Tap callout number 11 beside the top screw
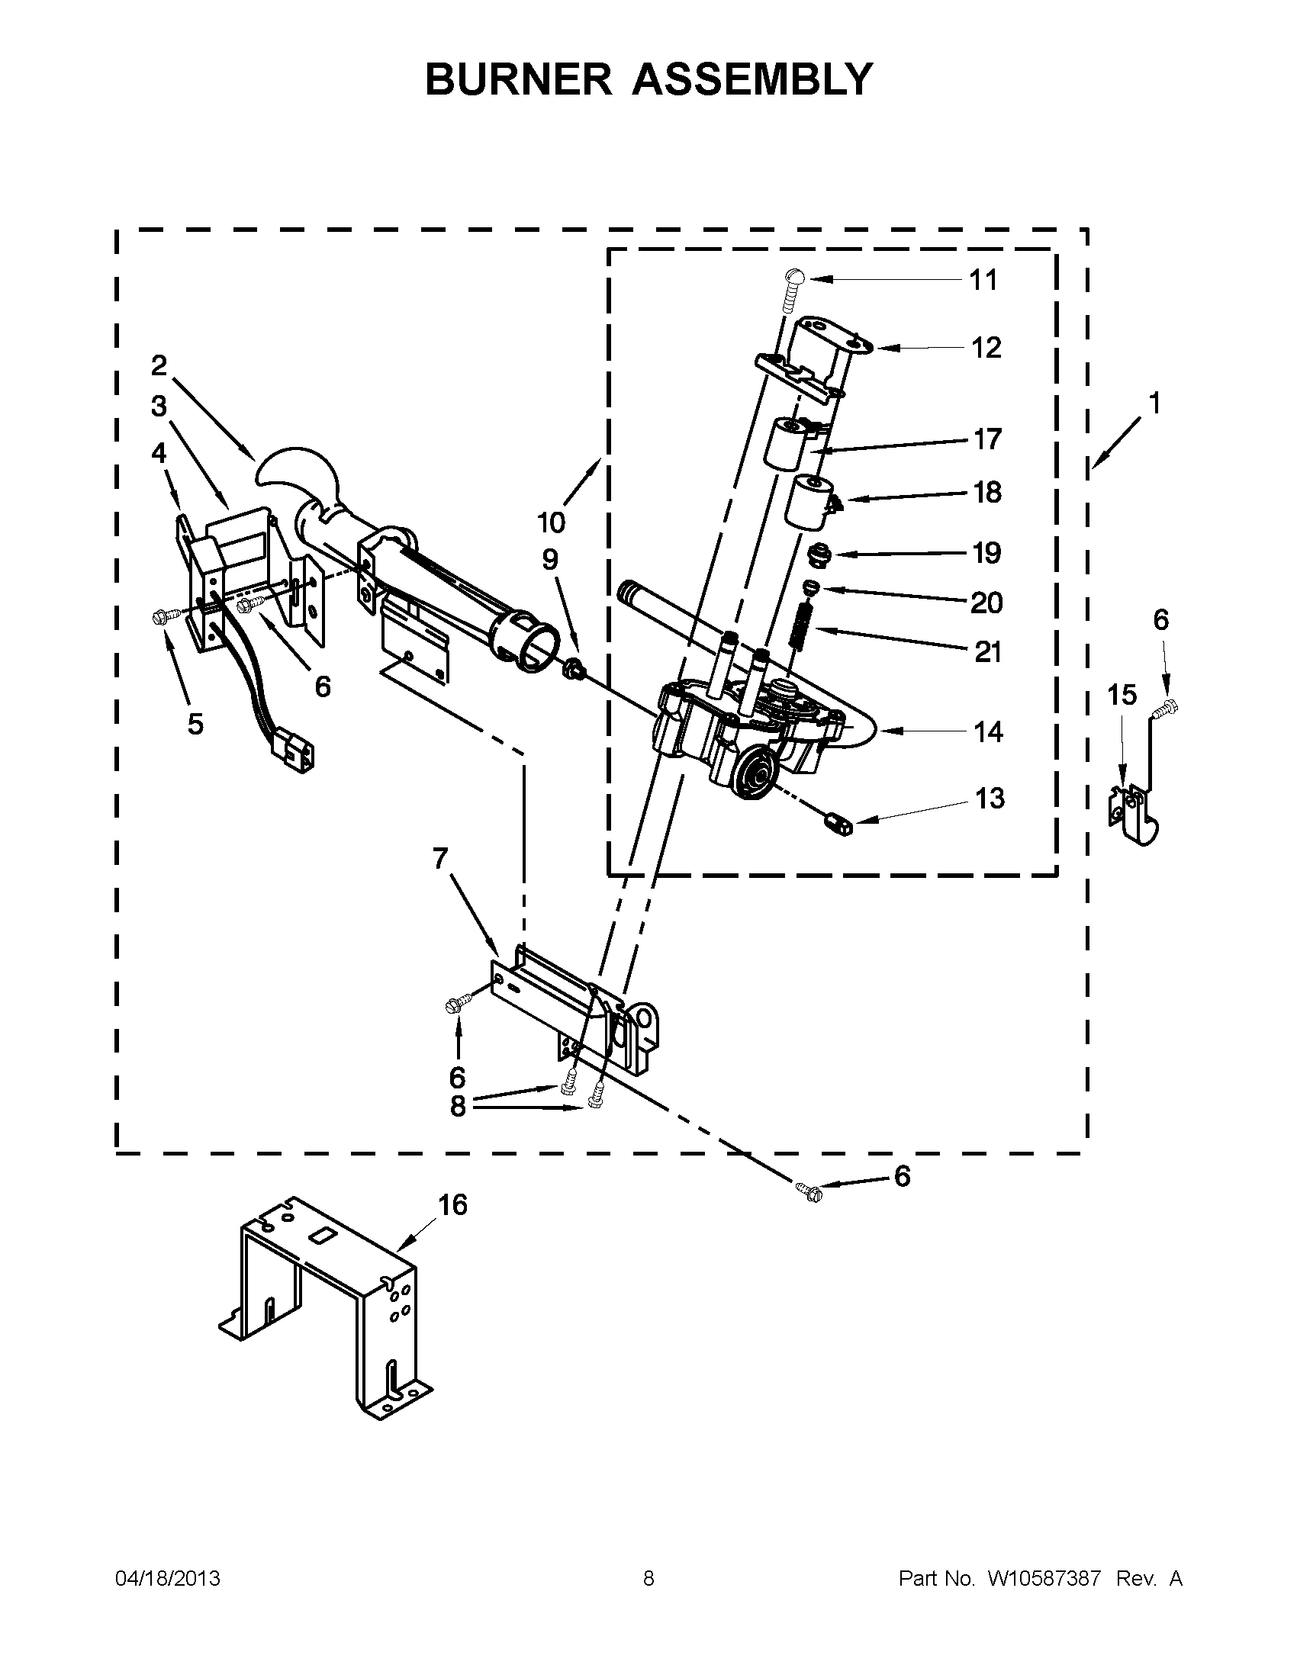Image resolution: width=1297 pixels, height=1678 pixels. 983,281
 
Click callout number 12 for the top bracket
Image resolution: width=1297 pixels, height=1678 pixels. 986,348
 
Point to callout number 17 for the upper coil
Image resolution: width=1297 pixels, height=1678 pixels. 987,439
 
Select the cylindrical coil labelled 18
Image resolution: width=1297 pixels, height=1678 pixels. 807,502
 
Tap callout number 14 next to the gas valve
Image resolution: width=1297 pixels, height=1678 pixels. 988,731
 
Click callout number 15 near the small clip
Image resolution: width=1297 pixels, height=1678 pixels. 1122,695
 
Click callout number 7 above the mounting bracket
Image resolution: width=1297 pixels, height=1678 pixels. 440,858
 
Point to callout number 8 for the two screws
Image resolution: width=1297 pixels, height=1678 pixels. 458,1107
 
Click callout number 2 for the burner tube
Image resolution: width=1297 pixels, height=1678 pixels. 159,365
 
